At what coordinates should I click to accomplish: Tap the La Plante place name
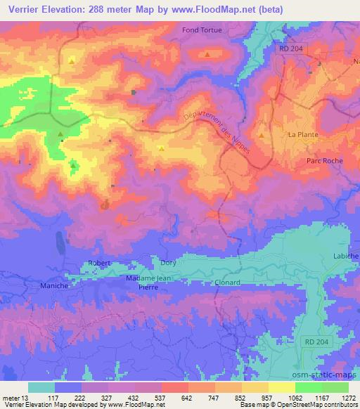tap(304, 134)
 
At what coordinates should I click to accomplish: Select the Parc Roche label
tap(324, 161)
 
